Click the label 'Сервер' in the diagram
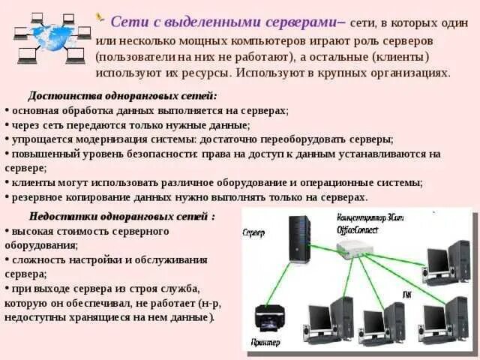tap(253, 232)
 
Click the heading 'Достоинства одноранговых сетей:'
tap(122, 97)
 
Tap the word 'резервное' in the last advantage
tap(33, 196)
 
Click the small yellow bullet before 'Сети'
tap(100, 16)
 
